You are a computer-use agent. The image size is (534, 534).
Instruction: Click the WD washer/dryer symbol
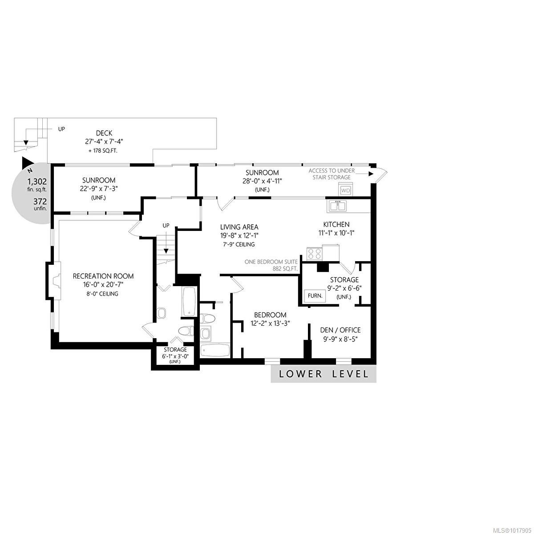[x=346, y=190]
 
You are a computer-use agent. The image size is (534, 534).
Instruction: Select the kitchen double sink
[x=337, y=206]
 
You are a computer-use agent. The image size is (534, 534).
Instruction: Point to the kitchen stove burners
[x=315, y=253]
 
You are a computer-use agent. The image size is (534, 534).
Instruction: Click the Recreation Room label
[x=103, y=276]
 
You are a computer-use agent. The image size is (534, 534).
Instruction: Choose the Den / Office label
[x=340, y=330]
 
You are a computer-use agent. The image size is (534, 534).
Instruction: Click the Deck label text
[x=104, y=133]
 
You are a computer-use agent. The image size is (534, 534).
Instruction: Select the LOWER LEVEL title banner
[x=324, y=374]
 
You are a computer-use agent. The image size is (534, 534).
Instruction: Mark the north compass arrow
[x=28, y=163]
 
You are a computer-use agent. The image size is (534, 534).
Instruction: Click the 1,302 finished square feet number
[x=37, y=182]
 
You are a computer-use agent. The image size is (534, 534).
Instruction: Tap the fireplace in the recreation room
[x=54, y=281]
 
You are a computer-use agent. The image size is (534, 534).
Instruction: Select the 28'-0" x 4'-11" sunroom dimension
[x=263, y=181]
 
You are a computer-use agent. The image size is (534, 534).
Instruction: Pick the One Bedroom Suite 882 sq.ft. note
[x=271, y=265]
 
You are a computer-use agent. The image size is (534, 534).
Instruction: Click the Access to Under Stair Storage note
[x=332, y=174]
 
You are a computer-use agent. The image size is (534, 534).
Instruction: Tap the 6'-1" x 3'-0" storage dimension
[x=175, y=356]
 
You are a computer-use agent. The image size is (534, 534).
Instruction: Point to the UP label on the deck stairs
[x=61, y=129]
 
